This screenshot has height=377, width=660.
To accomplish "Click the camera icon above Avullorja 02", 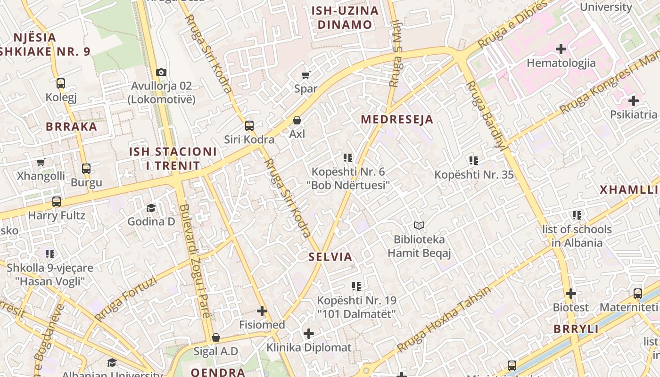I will coord(161,72).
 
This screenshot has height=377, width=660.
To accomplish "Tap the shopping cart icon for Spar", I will coord(306,75).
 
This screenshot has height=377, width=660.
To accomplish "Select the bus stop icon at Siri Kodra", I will coord(249,126).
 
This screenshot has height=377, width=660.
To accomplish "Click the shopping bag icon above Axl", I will coord(297,120).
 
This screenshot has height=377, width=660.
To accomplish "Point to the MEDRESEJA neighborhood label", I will coord(397,119).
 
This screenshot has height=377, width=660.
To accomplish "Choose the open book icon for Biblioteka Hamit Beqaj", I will coord(419,226).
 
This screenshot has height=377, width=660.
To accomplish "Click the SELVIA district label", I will coord(330,257).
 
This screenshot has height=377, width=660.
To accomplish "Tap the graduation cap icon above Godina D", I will coord(151,208).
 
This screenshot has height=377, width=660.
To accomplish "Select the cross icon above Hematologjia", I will coord(561,49).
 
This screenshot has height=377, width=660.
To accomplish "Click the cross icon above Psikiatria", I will coord(634,101).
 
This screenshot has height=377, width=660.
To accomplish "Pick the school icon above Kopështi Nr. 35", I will coord(474,161).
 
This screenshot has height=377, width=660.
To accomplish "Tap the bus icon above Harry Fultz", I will coord(57,202).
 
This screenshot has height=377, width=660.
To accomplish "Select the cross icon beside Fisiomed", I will coord(262,311).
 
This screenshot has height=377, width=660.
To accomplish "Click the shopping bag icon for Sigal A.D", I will coord(216,337).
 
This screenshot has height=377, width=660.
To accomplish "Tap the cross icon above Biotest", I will coord(571,294).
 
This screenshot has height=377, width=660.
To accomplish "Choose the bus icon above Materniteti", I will coord(638,294).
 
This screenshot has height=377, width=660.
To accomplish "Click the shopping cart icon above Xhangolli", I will coord(41,162).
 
